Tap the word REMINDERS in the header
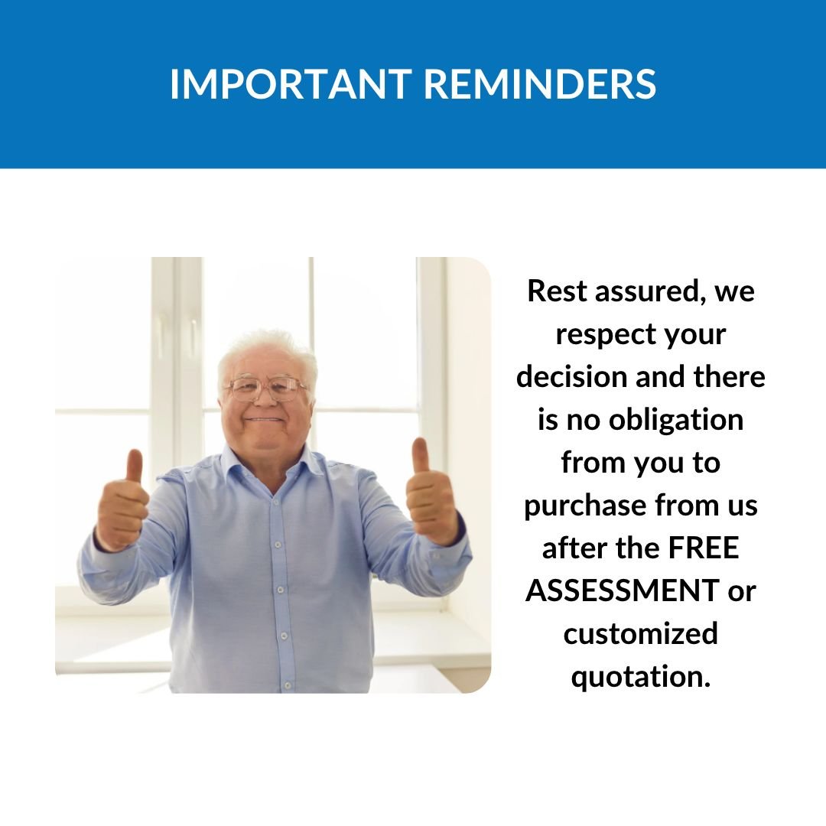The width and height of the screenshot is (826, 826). click(x=540, y=84)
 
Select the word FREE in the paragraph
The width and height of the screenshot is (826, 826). click(x=704, y=548)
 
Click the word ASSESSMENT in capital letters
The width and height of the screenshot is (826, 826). click(x=623, y=590)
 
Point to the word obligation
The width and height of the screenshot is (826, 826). click(x=676, y=421)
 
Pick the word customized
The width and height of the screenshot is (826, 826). click(x=641, y=633)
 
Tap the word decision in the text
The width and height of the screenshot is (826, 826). click(x=572, y=376)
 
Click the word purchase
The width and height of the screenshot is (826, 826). click(x=585, y=506)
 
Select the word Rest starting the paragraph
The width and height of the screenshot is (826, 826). click(x=557, y=291)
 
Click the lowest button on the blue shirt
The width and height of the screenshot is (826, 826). click(x=288, y=685)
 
